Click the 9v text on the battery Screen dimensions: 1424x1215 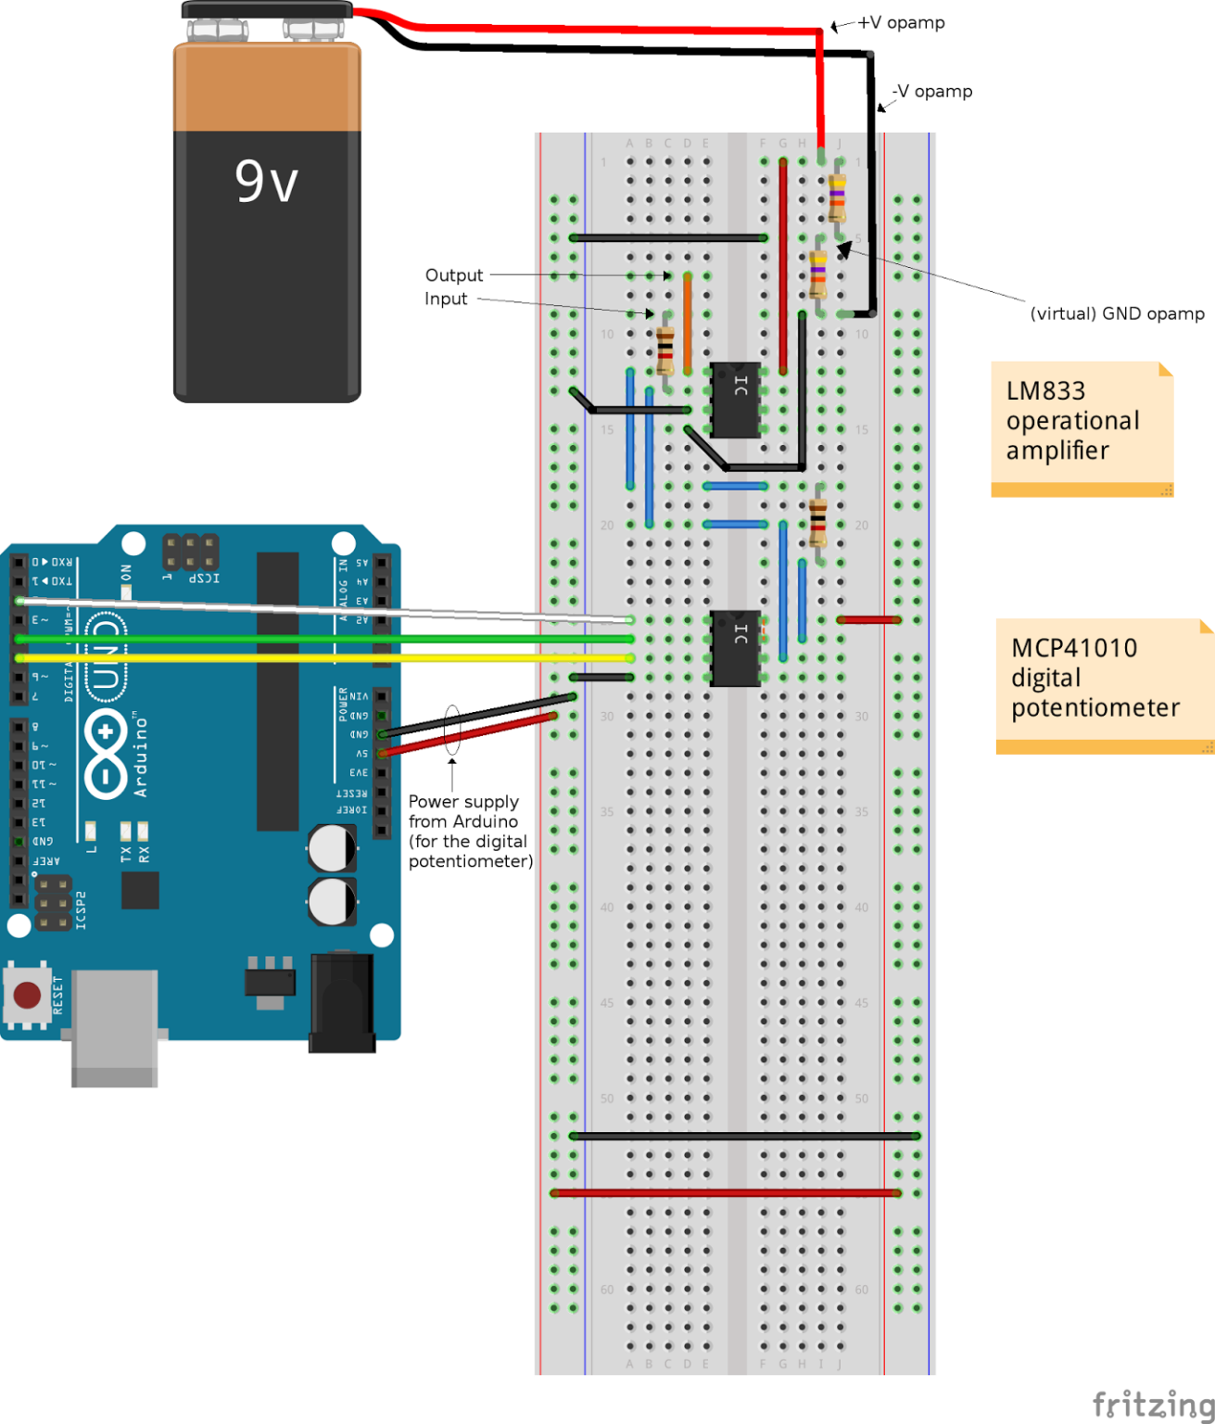tap(266, 181)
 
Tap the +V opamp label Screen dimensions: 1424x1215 tap(900, 22)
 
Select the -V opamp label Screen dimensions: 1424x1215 tap(932, 91)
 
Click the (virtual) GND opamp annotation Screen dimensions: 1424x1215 tap(1117, 313)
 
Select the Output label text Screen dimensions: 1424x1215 tap(453, 275)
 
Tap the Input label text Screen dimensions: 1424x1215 tap(446, 299)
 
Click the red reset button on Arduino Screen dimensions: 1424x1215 tap(27, 995)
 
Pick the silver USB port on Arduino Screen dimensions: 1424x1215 tap(114, 1026)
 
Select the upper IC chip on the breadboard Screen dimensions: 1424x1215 tap(736, 400)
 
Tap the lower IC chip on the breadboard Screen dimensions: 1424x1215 tap(736, 648)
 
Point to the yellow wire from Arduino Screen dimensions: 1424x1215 tap(324, 658)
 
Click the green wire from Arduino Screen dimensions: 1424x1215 tap(324, 640)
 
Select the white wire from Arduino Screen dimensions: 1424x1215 tap(324, 609)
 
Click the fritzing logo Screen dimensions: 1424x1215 tap(1152, 1404)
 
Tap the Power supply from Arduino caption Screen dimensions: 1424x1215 tap(470, 832)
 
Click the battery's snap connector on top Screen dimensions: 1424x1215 tap(267, 11)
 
